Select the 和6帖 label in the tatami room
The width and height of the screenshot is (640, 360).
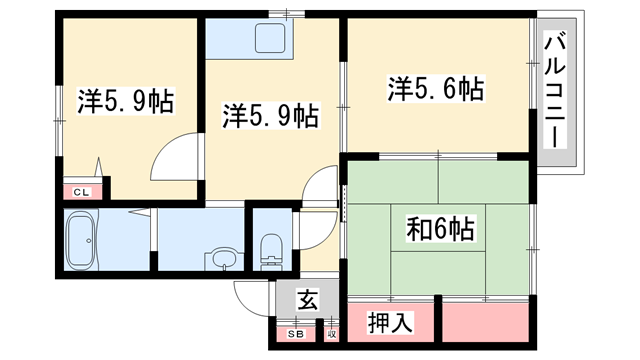pos(440,228)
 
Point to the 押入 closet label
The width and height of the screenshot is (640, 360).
pos(387,323)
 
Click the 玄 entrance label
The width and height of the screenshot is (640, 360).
pos(308,298)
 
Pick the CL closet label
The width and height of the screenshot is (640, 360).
pos(80,191)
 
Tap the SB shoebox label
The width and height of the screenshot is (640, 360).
pos(296,334)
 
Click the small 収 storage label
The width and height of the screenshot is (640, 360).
pos(331,334)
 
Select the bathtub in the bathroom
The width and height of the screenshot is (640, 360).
pos(81,241)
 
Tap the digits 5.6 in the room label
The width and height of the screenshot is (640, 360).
pos(441,90)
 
